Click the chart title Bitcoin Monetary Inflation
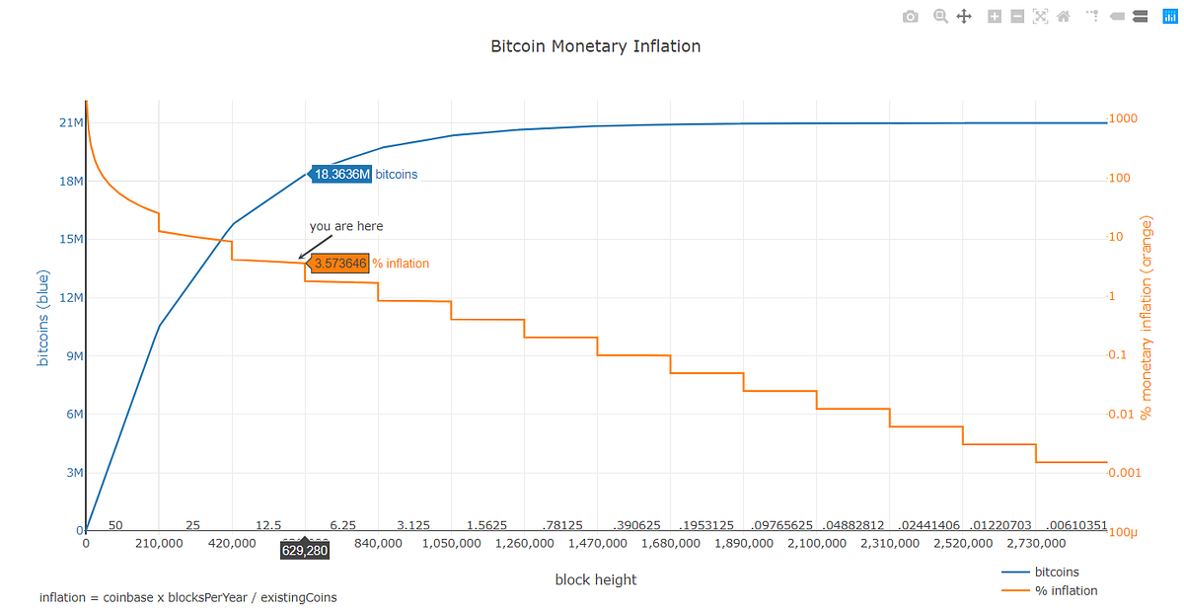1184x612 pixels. click(595, 46)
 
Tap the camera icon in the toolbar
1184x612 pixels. click(910, 17)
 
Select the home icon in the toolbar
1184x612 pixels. click(1064, 17)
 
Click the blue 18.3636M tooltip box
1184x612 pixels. click(342, 175)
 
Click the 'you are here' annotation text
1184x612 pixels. click(346, 226)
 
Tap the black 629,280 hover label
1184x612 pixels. click(304, 550)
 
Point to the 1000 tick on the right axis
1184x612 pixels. click(1123, 119)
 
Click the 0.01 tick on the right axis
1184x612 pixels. click(1124, 415)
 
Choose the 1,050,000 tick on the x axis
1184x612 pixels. click(451, 543)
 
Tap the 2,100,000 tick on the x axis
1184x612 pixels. click(816, 543)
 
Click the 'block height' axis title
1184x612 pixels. click(596, 579)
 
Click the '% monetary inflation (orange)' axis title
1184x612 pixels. click(1146, 317)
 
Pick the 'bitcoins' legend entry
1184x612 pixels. click(1057, 572)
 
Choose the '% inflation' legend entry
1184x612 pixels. click(1066, 590)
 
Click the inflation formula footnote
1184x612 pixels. click(187, 597)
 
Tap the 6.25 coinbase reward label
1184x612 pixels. click(342, 525)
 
